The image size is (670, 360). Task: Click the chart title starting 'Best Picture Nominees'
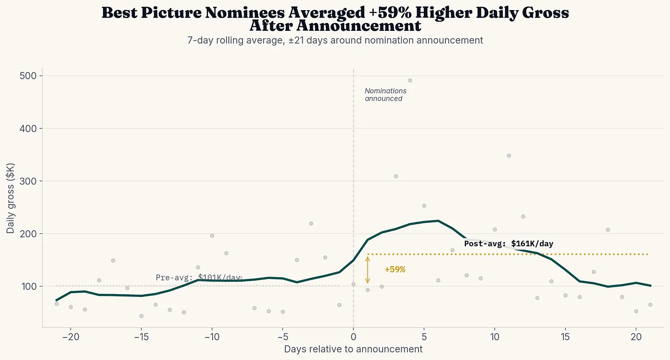click(x=335, y=19)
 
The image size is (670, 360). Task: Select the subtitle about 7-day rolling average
click(x=335, y=41)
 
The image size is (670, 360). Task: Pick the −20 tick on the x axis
click(x=70, y=336)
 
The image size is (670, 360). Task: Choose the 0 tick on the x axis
click(x=353, y=336)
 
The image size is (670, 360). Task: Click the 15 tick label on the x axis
click(x=565, y=336)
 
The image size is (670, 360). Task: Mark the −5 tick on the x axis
click(x=283, y=336)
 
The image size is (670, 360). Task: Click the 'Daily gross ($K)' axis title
click(x=11, y=198)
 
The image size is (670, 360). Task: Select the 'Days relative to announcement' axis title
click(x=353, y=349)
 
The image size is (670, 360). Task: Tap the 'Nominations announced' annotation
click(x=385, y=95)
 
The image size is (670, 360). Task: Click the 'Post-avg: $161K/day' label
click(x=508, y=244)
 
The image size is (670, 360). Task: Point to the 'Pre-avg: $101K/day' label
click(x=198, y=278)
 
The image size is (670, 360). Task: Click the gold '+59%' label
click(x=395, y=270)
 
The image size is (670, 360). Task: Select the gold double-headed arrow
click(x=367, y=270)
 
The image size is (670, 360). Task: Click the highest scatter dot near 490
click(x=410, y=81)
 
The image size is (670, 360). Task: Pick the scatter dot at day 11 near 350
click(x=508, y=156)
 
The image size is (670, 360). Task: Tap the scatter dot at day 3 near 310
click(x=396, y=176)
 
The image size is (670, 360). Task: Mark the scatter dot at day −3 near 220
click(x=311, y=224)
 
